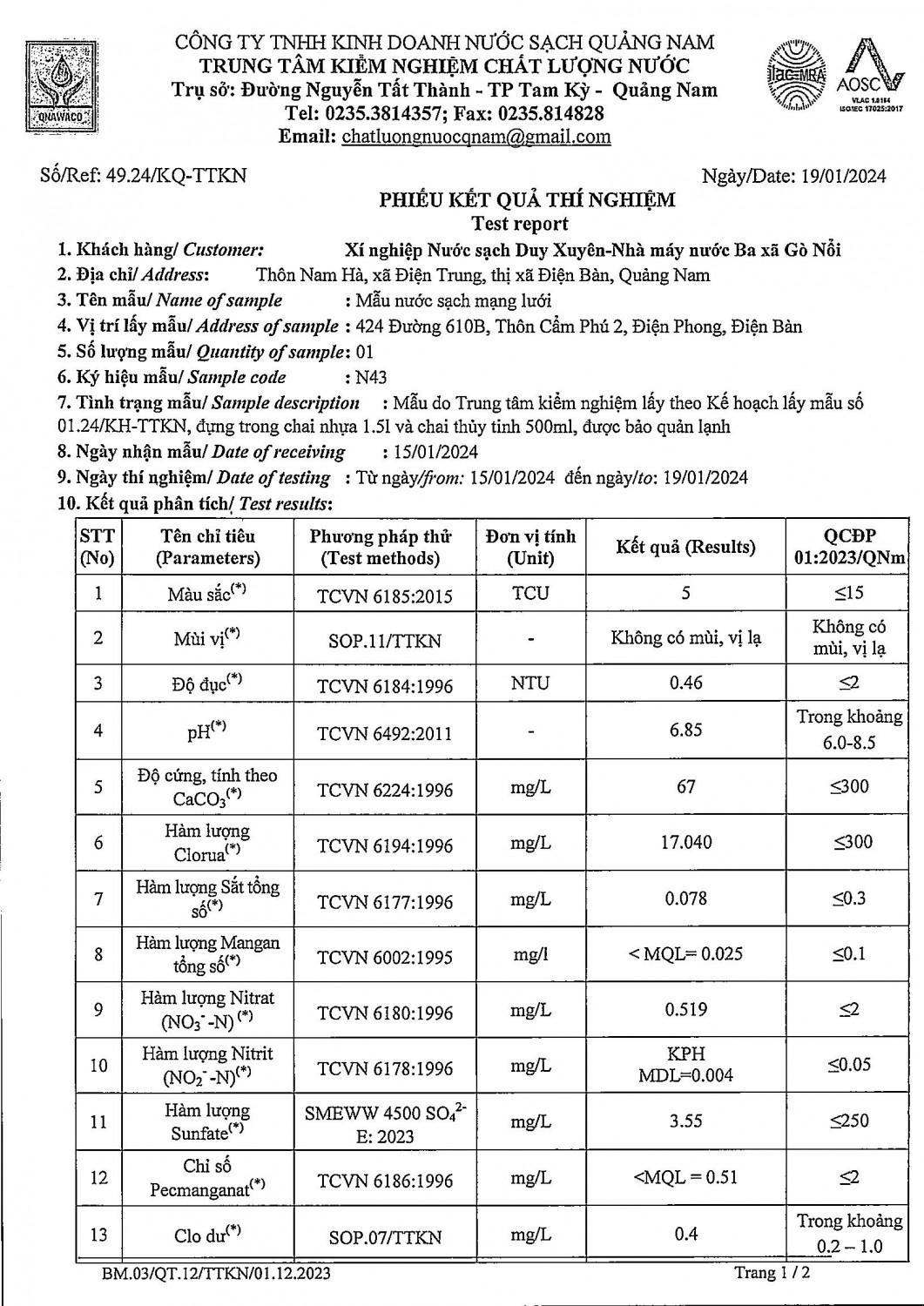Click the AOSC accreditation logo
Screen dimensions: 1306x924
(870, 78)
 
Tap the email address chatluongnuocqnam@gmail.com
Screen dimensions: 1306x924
(476, 137)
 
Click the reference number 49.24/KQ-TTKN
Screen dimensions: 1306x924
(175, 175)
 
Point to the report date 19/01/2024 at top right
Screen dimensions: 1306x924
(841, 176)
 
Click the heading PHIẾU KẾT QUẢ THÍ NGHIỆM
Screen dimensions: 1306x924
(526, 200)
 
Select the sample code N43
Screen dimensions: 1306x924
(371, 377)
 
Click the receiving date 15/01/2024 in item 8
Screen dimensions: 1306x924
(430, 452)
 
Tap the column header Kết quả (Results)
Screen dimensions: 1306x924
(685, 547)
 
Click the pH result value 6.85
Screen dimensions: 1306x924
(685, 730)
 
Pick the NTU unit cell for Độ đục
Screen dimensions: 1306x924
(530, 683)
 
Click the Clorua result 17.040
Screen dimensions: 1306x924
(685, 842)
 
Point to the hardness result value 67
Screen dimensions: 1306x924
(685, 786)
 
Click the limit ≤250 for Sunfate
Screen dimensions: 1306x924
(849, 1121)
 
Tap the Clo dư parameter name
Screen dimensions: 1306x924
(207, 1235)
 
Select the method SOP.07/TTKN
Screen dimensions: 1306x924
(385, 1236)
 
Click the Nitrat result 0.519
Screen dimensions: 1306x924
(685, 1010)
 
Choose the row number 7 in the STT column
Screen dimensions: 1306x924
(98, 899)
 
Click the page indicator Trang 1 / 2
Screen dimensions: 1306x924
(772, 1272)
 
